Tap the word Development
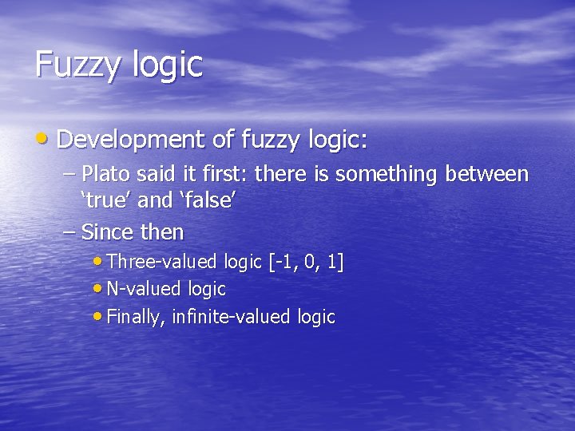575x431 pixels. coord(132,140)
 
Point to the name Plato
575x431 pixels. coord(105,173)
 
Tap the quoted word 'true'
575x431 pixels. coord(107,200)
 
